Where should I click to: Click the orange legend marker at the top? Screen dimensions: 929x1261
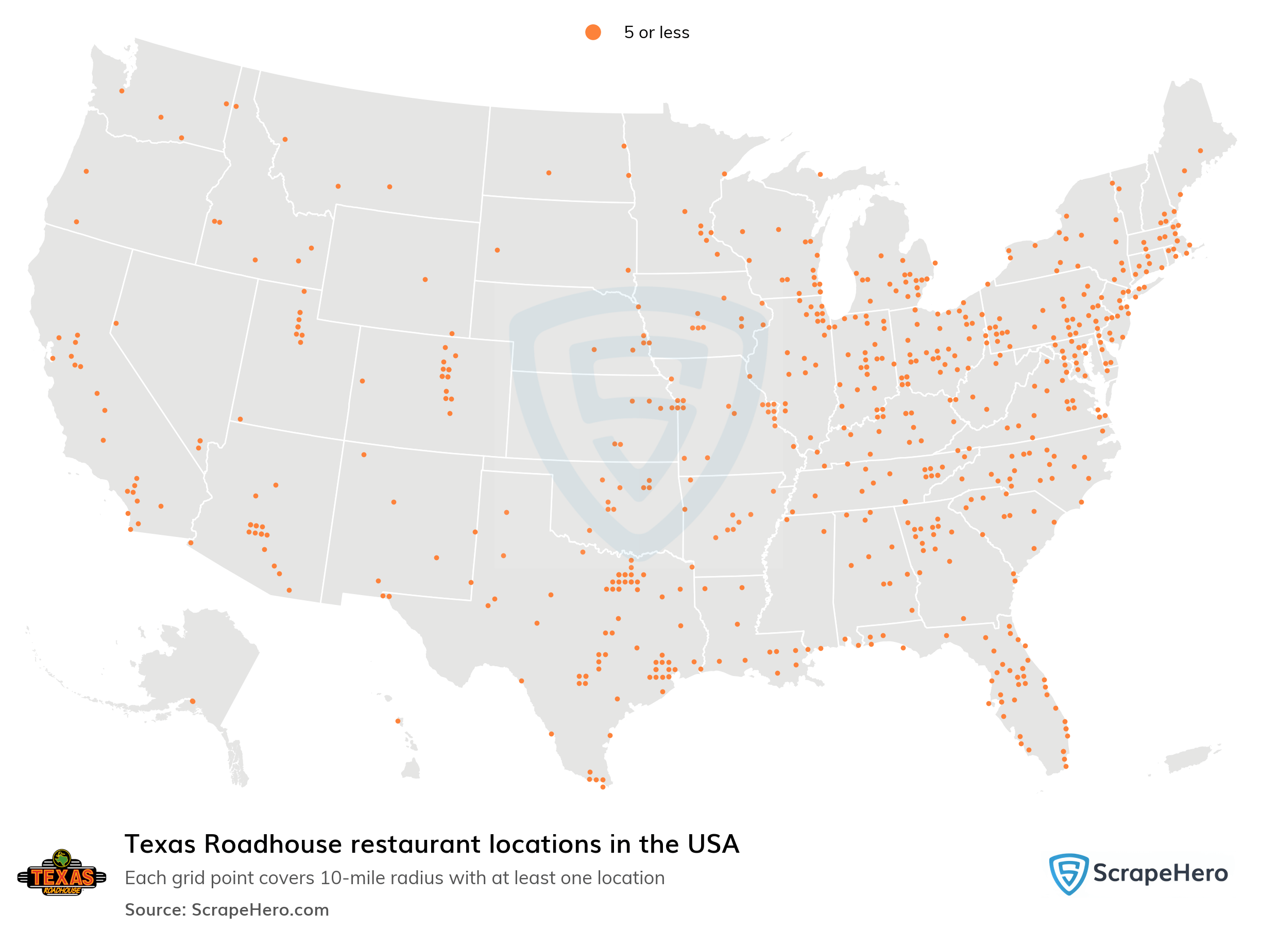coord(592,32)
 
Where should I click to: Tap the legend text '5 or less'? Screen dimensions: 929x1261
coord(656,32)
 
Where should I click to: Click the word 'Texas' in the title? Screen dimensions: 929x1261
coord(160,844)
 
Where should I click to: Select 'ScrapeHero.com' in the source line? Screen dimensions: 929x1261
coord(260,910)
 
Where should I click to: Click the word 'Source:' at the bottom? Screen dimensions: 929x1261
coord(155,910)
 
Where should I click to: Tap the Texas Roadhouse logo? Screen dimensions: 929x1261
coord(62,873)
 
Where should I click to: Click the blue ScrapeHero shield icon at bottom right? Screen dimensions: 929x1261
coord(1068,873)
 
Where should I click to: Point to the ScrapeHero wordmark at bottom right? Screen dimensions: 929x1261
coord(1161,873)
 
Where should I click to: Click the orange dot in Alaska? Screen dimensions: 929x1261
coord(192,701)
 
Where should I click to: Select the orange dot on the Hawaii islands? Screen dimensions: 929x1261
coord(398,721)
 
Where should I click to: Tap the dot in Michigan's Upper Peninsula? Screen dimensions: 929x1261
coord(820,174)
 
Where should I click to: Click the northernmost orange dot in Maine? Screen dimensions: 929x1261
coord(1200,150)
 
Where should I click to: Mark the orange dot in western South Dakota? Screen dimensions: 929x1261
coord(497,250)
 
